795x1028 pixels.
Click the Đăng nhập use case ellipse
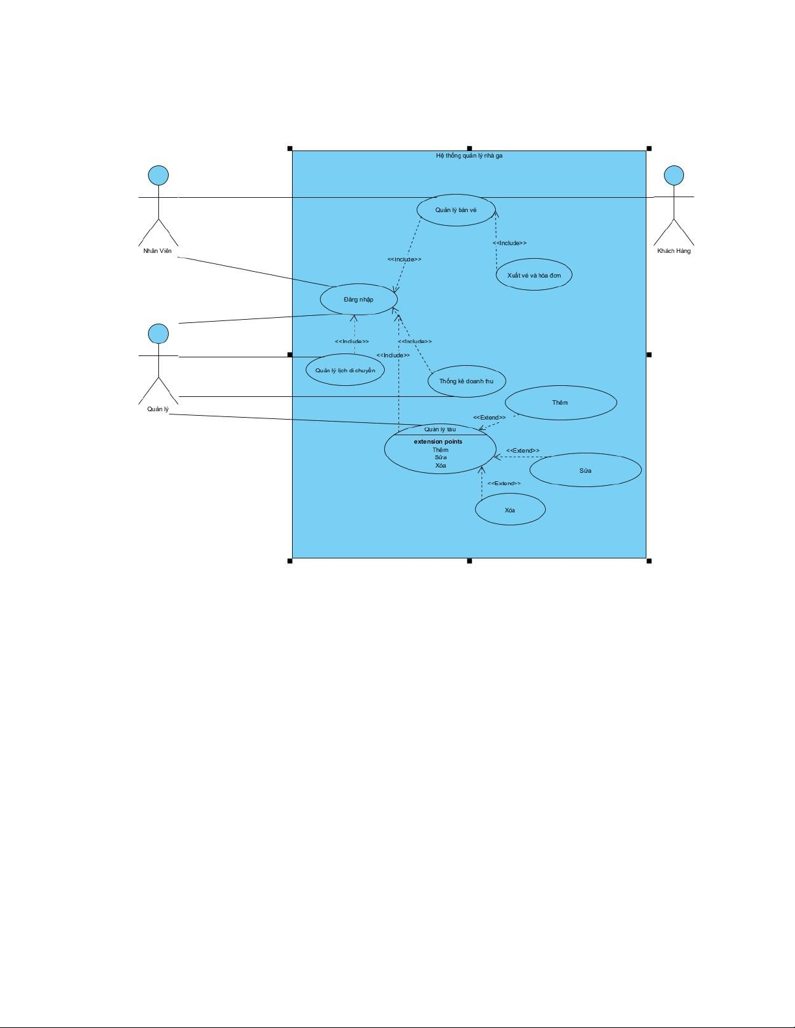359,299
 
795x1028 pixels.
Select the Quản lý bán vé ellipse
456,210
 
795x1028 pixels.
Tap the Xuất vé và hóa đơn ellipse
533,274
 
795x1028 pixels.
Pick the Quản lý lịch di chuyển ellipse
345,370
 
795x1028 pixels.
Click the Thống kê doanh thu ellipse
467,381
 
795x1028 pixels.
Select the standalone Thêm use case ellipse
561,403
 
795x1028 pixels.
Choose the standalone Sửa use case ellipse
585,470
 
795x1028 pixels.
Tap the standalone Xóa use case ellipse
510,510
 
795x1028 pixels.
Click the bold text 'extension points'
438,442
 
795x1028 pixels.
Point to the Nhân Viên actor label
158,251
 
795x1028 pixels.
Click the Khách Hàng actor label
674,251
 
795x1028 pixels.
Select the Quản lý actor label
158,409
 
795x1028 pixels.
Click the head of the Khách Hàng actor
674,176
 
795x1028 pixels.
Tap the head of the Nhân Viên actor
158,176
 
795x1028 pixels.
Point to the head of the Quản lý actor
158,334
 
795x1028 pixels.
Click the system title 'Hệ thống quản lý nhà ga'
469,156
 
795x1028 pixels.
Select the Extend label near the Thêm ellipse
489,417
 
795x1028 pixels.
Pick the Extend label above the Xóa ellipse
504,483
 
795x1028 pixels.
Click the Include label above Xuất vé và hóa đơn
509,243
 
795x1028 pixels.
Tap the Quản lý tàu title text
440,429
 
